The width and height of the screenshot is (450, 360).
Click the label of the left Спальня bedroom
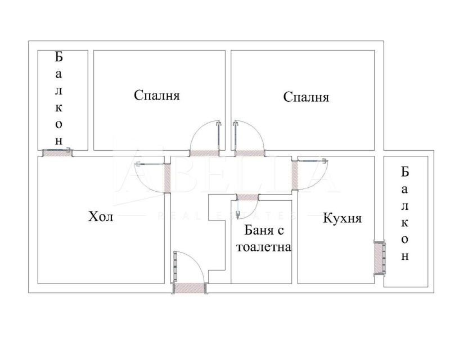point(157,95)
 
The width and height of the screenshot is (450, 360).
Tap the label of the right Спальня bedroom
point(306,97)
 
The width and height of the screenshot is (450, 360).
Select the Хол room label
point(101,217)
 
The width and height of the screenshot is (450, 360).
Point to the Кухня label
point(343,218)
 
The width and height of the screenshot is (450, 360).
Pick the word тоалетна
point(264,247)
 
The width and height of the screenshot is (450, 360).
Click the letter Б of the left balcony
point(58,57)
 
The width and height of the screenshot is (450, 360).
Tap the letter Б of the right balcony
point(404,172)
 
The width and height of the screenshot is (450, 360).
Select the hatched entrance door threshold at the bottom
point(190,288)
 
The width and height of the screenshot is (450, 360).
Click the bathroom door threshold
point(247,197)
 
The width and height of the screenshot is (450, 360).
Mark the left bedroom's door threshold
point(204,154)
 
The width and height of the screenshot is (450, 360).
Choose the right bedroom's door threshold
point(249,154)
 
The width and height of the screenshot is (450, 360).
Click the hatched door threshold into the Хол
point(168,178)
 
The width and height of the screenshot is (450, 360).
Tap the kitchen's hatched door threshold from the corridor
point(295,175)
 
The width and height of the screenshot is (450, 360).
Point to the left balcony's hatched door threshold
point(57,154)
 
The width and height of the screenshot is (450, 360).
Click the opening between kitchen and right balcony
point(379,258)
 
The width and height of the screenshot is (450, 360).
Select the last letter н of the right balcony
point(404,256)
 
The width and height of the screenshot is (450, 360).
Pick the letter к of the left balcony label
point(59,108)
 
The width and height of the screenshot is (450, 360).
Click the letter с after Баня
point(281,231)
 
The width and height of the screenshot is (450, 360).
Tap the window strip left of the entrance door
point(175,267)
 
